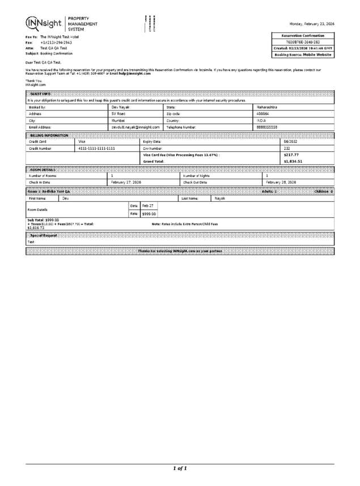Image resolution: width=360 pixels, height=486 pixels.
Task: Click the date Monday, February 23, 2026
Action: coord(311,24)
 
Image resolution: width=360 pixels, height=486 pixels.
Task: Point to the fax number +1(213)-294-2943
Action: coord(56,43)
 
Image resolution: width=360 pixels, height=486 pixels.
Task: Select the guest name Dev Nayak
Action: coord(121,107)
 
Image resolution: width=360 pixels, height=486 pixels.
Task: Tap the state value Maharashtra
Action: coord(268,107)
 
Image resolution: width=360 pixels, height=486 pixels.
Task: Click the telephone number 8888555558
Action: coord(268,128)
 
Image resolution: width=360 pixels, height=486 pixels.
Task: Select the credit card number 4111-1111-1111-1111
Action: coord(96,147)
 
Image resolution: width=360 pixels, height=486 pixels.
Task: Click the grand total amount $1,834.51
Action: coord(293,161)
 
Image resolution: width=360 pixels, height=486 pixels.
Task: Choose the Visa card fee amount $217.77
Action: coord(291,154)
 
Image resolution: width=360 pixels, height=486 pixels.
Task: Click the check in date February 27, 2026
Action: coord(126,182)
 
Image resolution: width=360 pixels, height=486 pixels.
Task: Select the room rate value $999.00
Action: coord(149,213)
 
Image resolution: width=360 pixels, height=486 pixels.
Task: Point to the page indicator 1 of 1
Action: coord(180,468)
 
